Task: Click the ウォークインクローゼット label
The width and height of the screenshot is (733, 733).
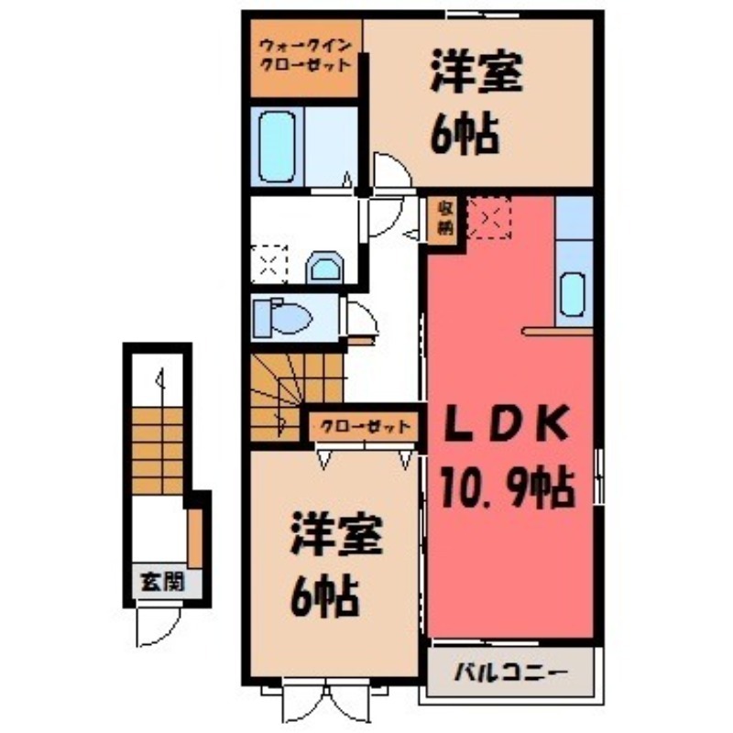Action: (x=304, y=57)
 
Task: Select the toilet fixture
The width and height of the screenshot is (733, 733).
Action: (x=286, y=318)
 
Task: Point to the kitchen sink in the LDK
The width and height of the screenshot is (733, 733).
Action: (x=573, y=293)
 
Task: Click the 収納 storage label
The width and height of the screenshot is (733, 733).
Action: (x=443, y=220)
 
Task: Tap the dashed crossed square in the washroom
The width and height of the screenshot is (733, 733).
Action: (x=270, y=265)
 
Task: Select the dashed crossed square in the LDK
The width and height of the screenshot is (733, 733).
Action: (x=489, y=218)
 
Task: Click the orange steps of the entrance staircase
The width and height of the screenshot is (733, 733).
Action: (x=158, y=450)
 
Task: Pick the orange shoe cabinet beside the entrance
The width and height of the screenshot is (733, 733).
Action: (x=195, y=539)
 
